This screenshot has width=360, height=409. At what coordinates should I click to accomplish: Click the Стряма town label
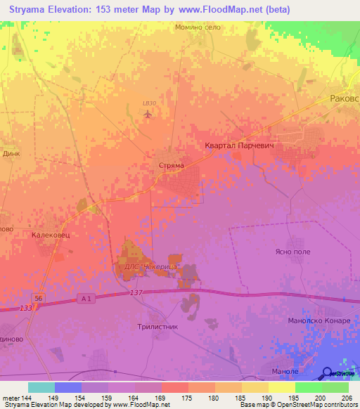[x=172, y=166]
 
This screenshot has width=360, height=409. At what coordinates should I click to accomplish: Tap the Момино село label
[x=198, y=27]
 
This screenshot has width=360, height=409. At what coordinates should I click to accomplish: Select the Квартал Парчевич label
[x=238, y=145]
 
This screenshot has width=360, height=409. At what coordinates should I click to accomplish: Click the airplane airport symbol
[x=148, y=114]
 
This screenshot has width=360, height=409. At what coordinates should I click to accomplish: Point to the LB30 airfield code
[x=148, y=103]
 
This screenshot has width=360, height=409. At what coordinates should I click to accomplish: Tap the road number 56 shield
[x=40, y=299]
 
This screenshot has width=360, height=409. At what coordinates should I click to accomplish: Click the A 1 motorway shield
[x=86, y=300]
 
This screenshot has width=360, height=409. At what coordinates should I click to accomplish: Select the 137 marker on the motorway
[x=136, y=292]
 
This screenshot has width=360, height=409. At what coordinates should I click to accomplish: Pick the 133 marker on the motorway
[x=26, y=308]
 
